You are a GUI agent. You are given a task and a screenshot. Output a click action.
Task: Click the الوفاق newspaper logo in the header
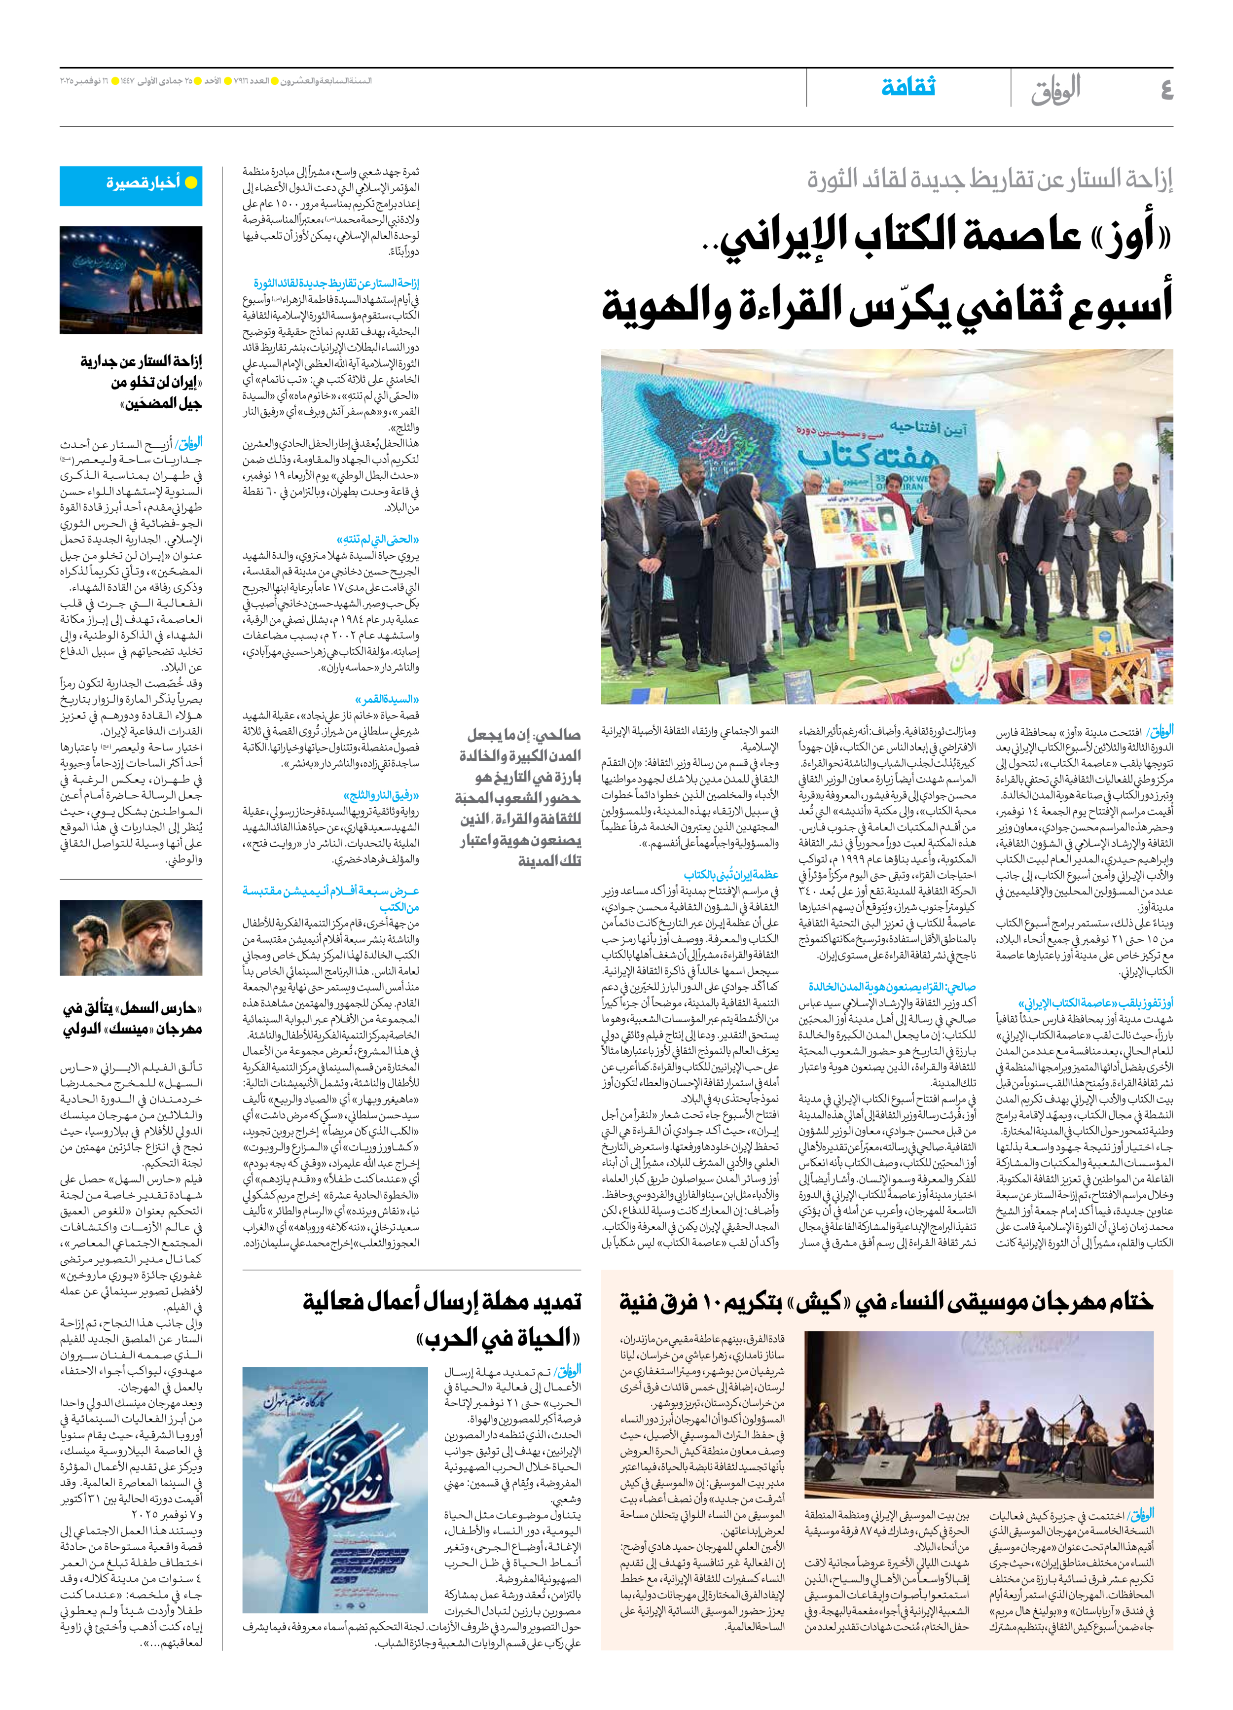pyautogui.click(x=1056, y=89)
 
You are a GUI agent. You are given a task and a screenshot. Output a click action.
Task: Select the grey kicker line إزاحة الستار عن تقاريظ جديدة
pyautogui.click(x=989, y=179)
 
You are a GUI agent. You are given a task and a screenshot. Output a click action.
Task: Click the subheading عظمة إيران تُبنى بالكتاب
pyautogui.click(x=731, y=875)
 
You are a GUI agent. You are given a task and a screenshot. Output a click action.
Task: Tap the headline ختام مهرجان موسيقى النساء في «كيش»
pyautogui.click(x=886, y=1301)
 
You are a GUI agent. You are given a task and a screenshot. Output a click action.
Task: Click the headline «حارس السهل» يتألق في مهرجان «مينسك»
pyautogui.click(x=132, y=1019)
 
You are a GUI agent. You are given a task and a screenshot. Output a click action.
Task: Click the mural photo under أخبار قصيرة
pyautogui.click(x=131, y=281)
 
